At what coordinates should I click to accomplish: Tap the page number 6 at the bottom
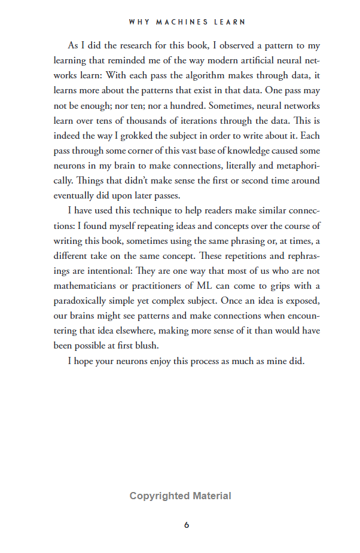click(187, 525)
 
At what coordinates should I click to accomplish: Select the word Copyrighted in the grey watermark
click(160, 496)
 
